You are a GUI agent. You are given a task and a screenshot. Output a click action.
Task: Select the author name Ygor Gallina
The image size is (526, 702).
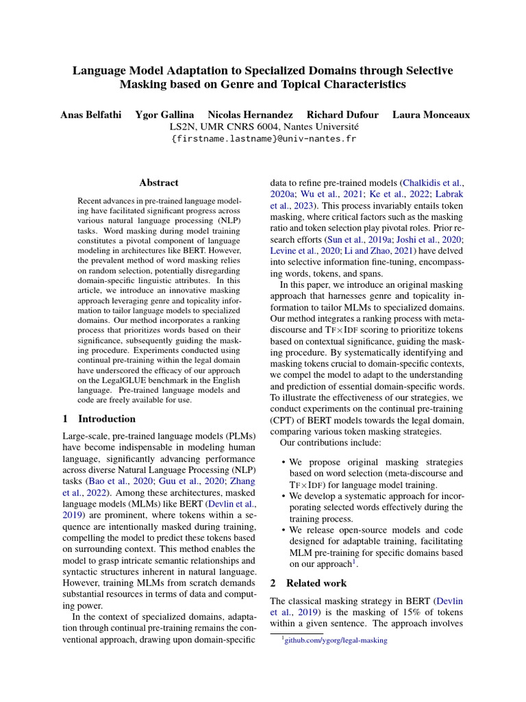point(164,114)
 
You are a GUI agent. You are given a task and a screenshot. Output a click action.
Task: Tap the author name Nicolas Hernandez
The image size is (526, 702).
point(250,114)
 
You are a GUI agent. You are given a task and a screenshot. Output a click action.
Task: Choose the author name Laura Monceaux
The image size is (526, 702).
point(431,114)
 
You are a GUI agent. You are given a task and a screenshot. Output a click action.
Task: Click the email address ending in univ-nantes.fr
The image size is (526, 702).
point(263,139)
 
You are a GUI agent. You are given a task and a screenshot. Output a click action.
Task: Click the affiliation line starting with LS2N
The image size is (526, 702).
point(263,126)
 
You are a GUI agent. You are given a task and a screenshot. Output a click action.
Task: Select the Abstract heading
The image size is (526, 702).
point(159,183)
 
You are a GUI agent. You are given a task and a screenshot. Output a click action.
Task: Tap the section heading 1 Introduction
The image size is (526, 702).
point(99,419)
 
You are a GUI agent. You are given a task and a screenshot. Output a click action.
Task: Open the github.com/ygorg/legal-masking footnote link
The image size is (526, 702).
point(336,640)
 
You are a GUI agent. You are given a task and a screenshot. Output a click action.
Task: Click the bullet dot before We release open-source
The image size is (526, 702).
point(284,531)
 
